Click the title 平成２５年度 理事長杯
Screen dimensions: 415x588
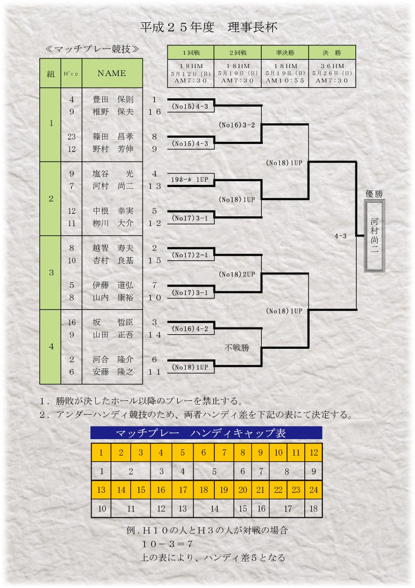[x=209, y=27]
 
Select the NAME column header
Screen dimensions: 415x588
[x=112, y=73]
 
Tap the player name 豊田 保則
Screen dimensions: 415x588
[x=113, y=99]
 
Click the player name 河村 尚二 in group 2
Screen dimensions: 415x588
[x=113, y=186]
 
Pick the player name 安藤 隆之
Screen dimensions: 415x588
[x=113, y=372]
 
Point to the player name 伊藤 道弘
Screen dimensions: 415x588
[x=113, y=285]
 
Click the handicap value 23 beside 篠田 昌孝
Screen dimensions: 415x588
[x=72, y=137]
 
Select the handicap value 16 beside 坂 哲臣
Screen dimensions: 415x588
[x=72, y=322]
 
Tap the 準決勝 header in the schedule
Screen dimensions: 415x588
[x=285, y=53]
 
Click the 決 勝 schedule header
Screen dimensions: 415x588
[x=332, y=53]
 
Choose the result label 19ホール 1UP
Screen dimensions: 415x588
[x=189, y=180]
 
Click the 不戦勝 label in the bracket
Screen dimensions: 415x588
[x=237, y=348]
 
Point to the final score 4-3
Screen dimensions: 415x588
[x=341, y=236]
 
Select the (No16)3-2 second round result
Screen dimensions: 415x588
[x=237, y=125]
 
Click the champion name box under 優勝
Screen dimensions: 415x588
[x=375, y=236]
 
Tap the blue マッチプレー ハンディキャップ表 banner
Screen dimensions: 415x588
[x=206, y=433]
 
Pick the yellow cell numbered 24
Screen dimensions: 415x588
[x=313, y=490]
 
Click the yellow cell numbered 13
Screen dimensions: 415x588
[x=101, y=490]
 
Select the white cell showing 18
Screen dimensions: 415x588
[x=313, y=508]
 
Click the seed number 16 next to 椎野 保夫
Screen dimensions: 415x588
[x=154, y=112]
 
